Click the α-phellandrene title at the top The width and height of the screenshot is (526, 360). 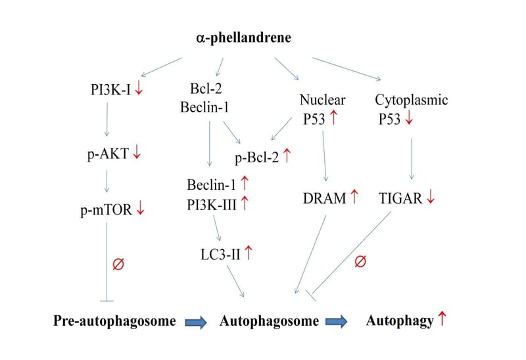243,39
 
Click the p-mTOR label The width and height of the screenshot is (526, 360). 105,210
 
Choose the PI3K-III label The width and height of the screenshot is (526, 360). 212,204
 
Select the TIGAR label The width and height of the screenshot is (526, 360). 400,197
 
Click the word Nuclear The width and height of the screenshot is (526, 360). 322,100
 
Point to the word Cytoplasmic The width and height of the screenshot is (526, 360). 412,100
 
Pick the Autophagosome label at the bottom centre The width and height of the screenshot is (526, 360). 269,321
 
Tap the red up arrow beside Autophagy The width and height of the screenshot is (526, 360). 442,320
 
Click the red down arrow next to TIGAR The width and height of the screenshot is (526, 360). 430,197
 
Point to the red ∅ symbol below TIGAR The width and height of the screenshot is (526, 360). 360,261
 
